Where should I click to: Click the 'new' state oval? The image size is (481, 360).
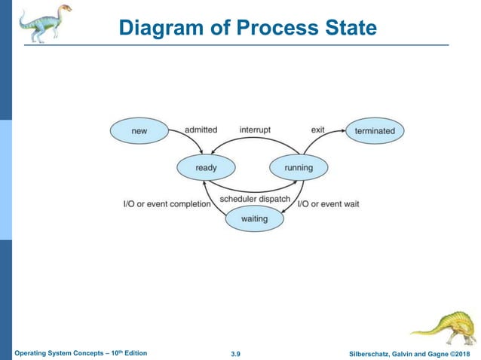139,131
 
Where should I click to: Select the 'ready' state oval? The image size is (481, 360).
206,167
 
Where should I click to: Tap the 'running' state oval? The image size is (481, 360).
299,167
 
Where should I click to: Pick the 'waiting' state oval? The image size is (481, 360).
256,219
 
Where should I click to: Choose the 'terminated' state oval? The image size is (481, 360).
375,131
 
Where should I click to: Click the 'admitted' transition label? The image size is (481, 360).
201,130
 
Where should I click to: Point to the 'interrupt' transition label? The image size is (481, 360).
255,130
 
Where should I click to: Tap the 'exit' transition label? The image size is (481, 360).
317,130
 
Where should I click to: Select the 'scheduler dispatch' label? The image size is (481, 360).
255,199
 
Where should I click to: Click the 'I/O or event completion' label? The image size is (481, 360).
167,204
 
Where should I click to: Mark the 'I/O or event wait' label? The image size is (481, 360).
328,204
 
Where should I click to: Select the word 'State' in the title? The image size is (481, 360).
348,29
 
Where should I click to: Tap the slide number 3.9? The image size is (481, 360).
240,353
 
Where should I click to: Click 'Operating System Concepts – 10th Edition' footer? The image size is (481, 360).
81,352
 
